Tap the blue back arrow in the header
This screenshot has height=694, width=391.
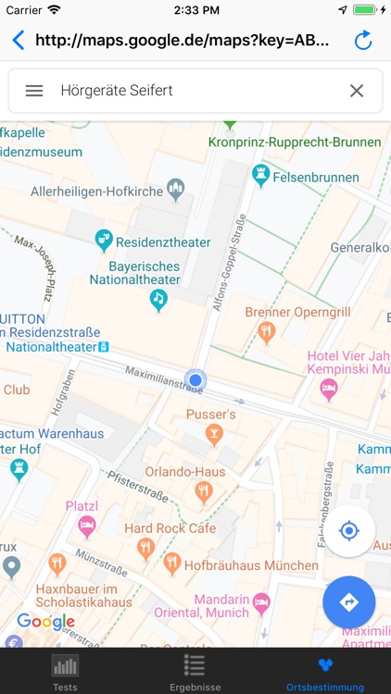[18, 41]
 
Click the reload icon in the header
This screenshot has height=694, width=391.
[363, 41]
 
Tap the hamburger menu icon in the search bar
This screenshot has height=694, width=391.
[34, 91]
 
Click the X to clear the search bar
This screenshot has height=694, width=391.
[357, 91]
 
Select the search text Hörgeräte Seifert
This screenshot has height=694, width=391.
[117, 91]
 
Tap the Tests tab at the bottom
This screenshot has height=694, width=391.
[65, 672]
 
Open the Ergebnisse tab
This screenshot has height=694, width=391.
[195, 672]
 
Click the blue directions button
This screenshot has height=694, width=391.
[348, 602]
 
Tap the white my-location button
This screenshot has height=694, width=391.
[348, 530]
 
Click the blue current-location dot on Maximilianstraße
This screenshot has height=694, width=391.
[195, 379]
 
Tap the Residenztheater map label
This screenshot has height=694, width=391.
[162, 242]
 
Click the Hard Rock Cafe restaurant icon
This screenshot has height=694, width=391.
[145, 548]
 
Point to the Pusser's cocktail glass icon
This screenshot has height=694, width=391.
[214, 433]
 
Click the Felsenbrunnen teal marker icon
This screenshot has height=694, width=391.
[261, 173]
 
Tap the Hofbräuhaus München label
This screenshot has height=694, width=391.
[239, 564]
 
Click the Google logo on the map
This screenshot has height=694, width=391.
[45, 622]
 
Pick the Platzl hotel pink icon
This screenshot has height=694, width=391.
[87, 526]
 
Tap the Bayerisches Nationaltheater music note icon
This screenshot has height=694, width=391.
[158, 299]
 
